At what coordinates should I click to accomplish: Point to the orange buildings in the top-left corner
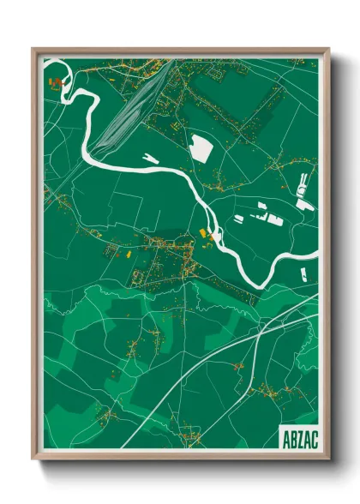(x=57, y=83)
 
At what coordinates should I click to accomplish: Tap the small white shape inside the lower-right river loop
(x=303, y=273)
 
